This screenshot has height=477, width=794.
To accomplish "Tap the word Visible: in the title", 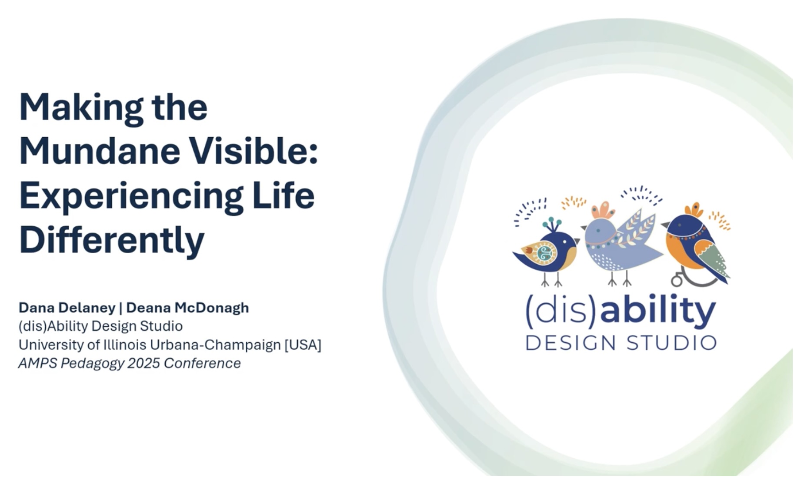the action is point(254,151).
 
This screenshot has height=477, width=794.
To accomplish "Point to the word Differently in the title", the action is point(112,240).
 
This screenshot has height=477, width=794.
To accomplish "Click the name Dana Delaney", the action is point(67,308).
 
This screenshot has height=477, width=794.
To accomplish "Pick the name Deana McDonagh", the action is point(187,308).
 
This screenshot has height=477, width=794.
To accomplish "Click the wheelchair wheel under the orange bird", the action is point(677,280).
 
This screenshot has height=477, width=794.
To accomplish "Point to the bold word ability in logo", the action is point(658,312).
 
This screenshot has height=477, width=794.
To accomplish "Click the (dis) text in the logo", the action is point(562,312).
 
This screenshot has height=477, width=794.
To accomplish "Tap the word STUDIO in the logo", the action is point(671,343).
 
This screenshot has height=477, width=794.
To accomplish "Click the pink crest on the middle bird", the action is point(603,210).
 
